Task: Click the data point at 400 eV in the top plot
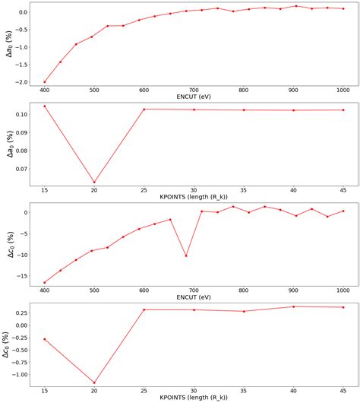click(x=45, y=81)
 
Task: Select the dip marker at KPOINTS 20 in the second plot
click(x=94, y=182)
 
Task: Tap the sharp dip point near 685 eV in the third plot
click(x=186, y=255)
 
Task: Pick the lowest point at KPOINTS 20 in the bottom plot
click(x=94, y=382)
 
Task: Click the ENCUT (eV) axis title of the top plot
click(x=194, y=97)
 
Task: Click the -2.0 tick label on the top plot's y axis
click(x=21, y=81)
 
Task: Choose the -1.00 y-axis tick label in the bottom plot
click(x=18, y=374)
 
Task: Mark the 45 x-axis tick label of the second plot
click(x=343, y=189)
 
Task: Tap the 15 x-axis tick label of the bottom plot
click(x=45, y=391)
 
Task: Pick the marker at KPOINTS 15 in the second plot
click(x=45, y=106)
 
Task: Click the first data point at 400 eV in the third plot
click(x=45, y=282)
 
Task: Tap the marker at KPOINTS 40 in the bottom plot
click(x=294, y=306)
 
